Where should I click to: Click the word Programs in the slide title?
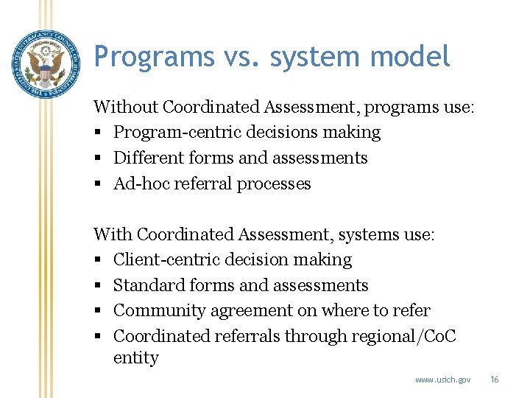(144, 57)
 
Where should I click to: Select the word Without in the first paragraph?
(126, 107)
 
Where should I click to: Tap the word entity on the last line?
(135, 358)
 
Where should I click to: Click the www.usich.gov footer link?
(442, 380)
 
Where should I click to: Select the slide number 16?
(494, 380)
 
